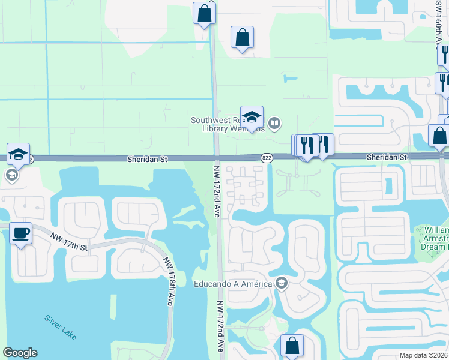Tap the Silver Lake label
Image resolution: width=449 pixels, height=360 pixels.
(x=60, y=327)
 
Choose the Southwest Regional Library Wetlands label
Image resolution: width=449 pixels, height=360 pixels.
(x=228, y=124)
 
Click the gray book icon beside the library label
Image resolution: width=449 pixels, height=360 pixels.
(x=274, y=124)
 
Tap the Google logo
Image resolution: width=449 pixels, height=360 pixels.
(x=20, y=353)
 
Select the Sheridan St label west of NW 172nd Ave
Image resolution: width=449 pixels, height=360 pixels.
(x=146, y=160)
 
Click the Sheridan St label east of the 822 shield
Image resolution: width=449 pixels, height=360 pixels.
(x=387, y=157)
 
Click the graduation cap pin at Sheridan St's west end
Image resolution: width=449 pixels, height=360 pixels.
(x=19, y=154)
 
